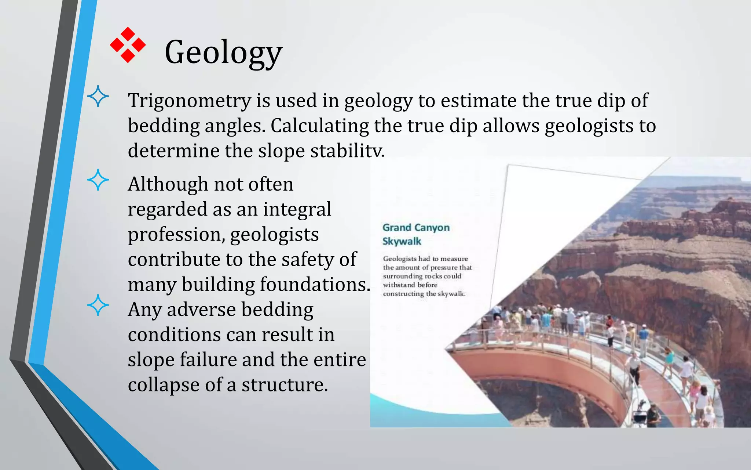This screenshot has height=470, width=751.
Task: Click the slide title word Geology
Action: pyautogui.click(x=223, y=53)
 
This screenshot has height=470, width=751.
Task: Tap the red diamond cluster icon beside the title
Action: pyautogui.click(x=128, y=45)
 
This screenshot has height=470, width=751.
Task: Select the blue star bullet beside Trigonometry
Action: pyautogui.click(x=98, y=96)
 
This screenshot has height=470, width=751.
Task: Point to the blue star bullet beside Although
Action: pyautogui.click(x=98, y=180)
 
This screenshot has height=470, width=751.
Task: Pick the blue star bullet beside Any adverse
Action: pyautogui.click(x=98, y=305)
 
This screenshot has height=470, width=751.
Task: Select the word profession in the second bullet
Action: pyautogui.click(x=175, y=234)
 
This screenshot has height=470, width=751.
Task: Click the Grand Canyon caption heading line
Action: pyautogui.click(x=416, y=228)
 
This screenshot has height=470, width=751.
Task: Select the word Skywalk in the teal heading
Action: pyautogui.click(x=402, y=241)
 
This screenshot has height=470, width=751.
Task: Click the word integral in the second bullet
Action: pyautogui.click(x=297, y=209)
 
